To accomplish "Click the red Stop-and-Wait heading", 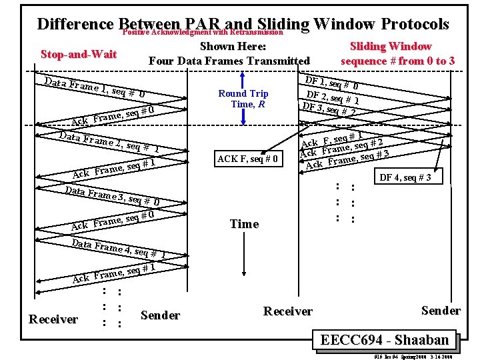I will point(78,54).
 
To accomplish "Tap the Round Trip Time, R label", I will point(243,99).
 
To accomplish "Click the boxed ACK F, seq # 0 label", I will point(248,159).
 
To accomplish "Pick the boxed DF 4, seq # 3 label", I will point(405,177).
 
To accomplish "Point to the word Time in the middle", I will point(244,225).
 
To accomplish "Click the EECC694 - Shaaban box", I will point(385,340).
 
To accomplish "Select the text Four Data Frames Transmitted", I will point(229,61).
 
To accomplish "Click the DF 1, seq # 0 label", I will point(332,83).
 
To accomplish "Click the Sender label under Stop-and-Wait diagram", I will point(161,315).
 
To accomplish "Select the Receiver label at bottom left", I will point(53,319).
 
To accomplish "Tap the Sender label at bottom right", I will point(441,311).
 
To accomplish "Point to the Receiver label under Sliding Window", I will point(287,311).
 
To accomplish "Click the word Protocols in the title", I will point(415,24).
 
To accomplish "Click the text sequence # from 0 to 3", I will point(398,61).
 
